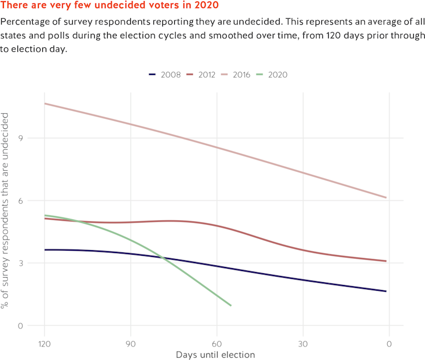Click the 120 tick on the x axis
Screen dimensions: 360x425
(44, 343)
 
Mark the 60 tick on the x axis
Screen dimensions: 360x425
(216, 343)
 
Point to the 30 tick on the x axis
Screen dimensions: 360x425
(303, 343)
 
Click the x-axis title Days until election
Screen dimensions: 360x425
(215, 354)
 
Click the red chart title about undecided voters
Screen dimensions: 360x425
(110, 5)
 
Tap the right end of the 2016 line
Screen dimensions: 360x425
(386, 198)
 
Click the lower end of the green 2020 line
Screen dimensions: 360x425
(231, 305)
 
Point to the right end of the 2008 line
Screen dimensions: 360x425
(386, 291)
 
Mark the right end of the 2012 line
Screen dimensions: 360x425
(386, 261)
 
